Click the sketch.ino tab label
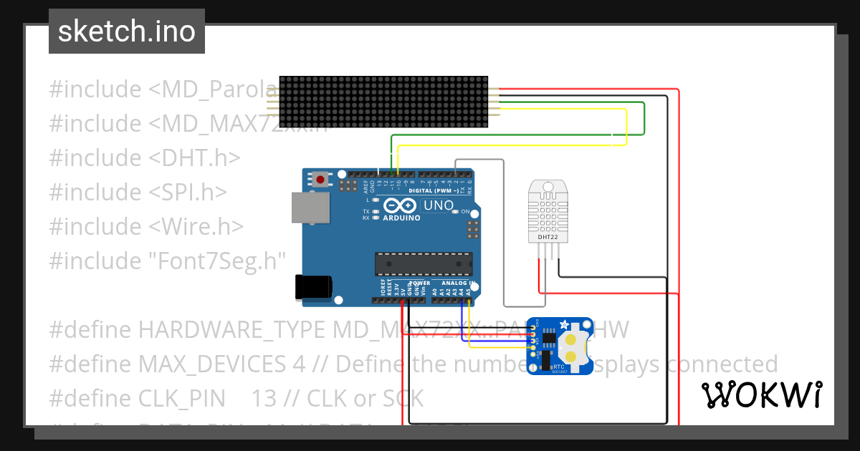(126, 31)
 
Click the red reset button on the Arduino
(320, 180)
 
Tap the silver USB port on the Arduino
(310, 208)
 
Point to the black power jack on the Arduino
(314, 287)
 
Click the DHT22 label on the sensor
(548, 236)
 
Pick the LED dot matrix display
(383, 101)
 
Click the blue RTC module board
(559, 346)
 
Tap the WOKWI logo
(762, 394)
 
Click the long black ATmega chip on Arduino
(424, 263)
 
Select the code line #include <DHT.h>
(145, 157)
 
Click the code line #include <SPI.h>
(138, 192)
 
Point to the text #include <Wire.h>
(146, 226)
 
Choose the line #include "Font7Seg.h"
(168, 261)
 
